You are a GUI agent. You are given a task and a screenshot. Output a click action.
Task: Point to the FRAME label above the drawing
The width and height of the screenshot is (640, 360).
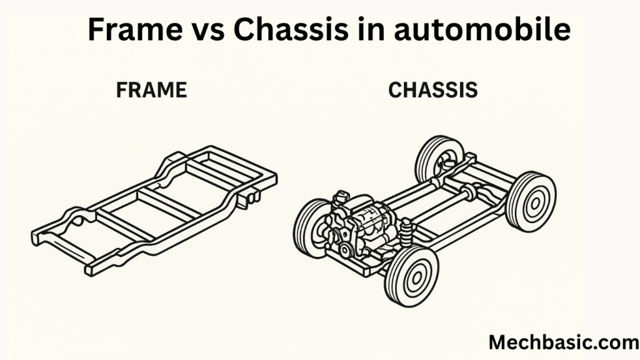coord(151,90)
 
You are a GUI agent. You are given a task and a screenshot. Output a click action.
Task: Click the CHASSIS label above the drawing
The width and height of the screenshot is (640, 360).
coord(433,90)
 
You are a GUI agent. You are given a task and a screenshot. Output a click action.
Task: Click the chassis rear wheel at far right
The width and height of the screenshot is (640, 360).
coord(531,201)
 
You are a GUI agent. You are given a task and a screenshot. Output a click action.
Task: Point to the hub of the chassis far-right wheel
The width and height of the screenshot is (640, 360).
coord(532,202)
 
